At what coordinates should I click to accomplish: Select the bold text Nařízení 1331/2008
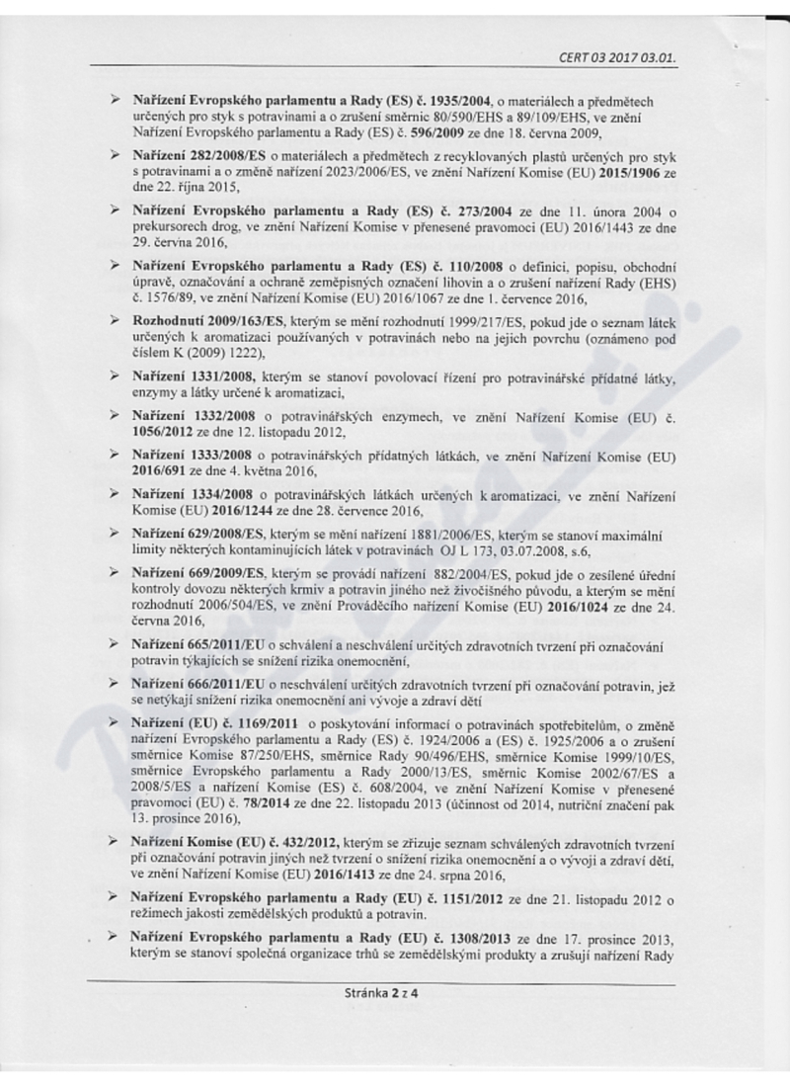(x=196, y=376)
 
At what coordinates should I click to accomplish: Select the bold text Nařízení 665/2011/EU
(x=196, y=643)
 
